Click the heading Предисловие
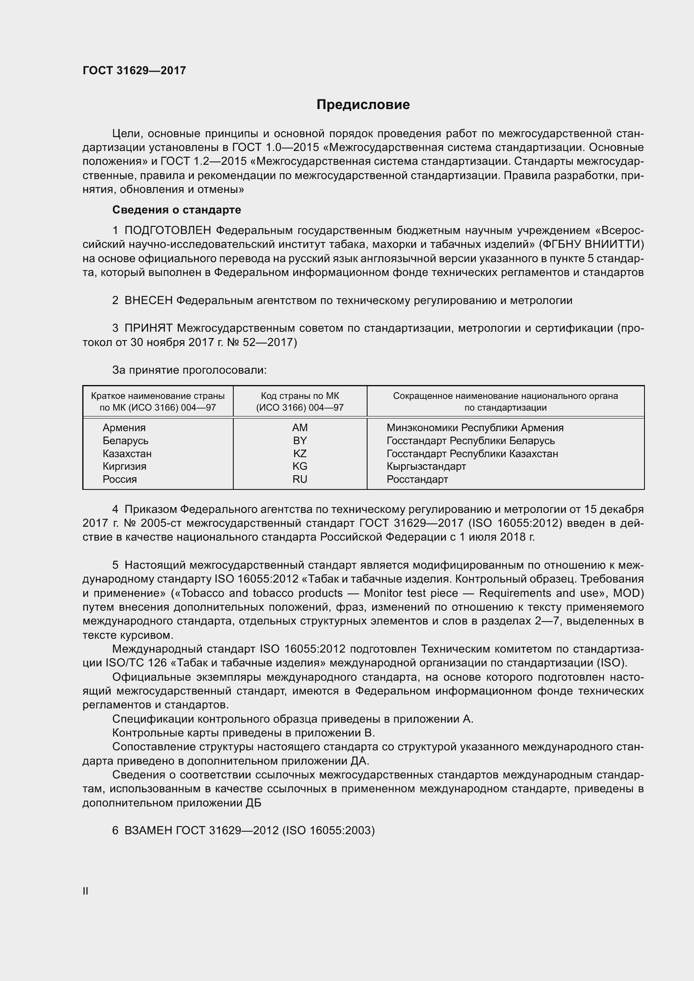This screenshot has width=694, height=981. click(363, 105)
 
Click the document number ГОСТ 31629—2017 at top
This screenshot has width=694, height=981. click(134, 70)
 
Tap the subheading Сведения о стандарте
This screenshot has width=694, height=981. click(177, 210)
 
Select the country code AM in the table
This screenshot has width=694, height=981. click(300, 428)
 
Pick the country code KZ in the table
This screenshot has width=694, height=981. click(300, 453)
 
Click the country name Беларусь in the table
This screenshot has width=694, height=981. click(125, 440)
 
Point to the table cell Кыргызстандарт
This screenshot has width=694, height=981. click(426, 466)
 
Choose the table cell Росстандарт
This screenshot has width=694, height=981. click(417, 479)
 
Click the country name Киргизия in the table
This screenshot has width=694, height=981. click(124, 466)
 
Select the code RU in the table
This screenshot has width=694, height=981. click(300, 479)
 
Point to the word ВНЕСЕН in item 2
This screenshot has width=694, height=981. click(148, 301)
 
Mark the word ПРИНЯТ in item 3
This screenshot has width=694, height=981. click(148, 328)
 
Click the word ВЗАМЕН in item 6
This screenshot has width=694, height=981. click(148, 830)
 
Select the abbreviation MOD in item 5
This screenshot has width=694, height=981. click(626, 593)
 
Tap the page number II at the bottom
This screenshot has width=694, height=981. click(86, 891)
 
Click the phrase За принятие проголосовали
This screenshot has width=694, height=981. click(189, 370)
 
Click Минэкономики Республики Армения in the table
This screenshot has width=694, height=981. click(475, 428)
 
